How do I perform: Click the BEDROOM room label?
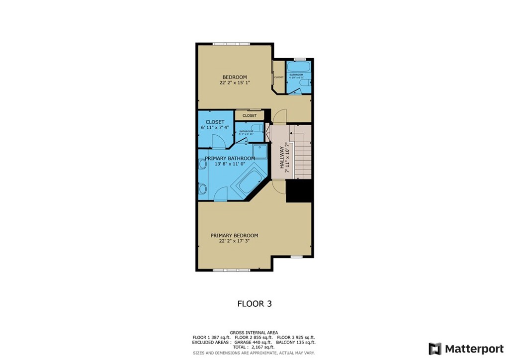point(234,77)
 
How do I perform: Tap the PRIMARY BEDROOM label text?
point(234,236)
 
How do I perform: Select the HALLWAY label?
point(282,158)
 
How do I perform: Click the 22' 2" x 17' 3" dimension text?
point(234,242)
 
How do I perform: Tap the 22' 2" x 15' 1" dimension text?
point(234,83)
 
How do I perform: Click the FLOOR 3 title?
point(254,303)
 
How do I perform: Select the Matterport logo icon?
point(434,349)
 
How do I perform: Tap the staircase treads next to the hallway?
point(302,154)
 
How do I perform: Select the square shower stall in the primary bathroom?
point(259,150)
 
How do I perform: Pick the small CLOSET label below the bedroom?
point(250,115)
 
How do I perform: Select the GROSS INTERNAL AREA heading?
point(254,333)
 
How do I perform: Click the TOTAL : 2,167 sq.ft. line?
point(254,347)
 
